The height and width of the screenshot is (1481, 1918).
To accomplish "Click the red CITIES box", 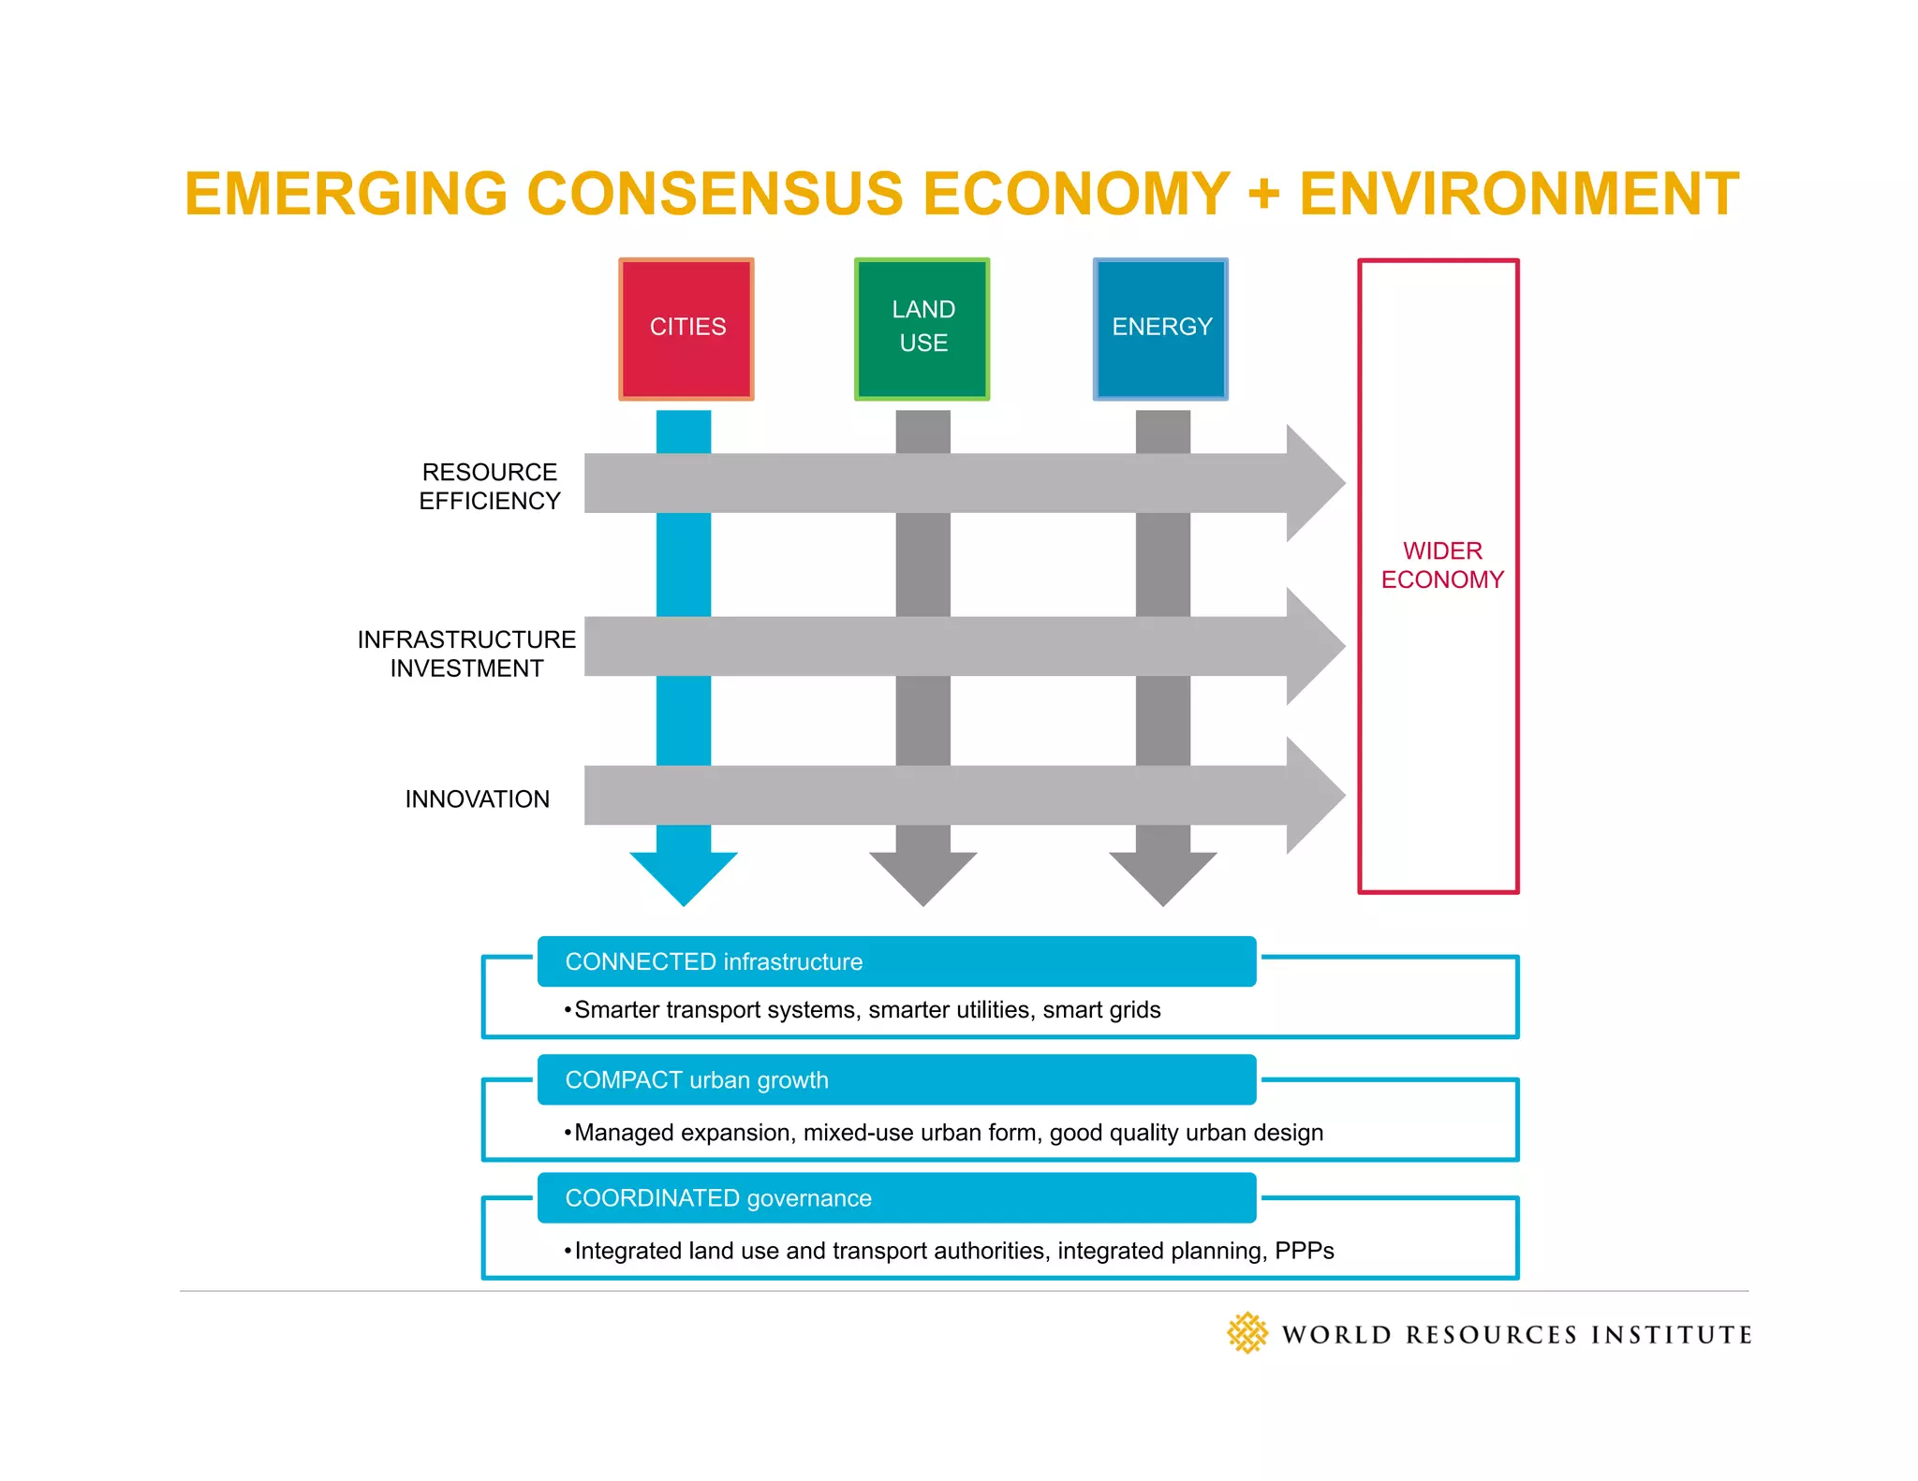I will click(686, 329).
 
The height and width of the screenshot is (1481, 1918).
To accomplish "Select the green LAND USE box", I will click(922, 329).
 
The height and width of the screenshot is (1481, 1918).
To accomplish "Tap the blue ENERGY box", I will click(1160, 329).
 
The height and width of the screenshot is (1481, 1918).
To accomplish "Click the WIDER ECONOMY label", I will click(1441, 565).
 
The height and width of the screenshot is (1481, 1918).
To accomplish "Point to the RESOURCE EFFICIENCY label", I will click(489, 487).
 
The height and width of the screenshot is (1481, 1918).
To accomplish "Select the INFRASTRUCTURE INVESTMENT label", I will click(466, 653).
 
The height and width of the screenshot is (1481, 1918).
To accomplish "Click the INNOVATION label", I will click(477, 799).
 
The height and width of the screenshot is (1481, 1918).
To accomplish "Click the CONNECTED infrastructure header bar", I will click(896, 961).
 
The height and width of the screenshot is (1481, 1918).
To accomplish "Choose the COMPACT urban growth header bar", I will click(896, 1079).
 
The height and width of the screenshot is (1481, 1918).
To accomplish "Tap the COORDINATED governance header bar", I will click(896, 1197).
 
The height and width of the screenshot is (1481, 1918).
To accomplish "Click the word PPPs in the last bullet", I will click(1304, 1251).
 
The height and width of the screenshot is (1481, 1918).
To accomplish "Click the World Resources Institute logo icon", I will click(1247, 1333).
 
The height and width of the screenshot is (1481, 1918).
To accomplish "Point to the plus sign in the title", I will click(1263, 194).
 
